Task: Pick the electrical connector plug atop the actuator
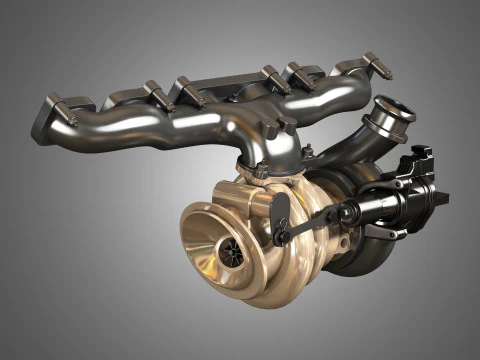pyautogui.click(x=417, y=159)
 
